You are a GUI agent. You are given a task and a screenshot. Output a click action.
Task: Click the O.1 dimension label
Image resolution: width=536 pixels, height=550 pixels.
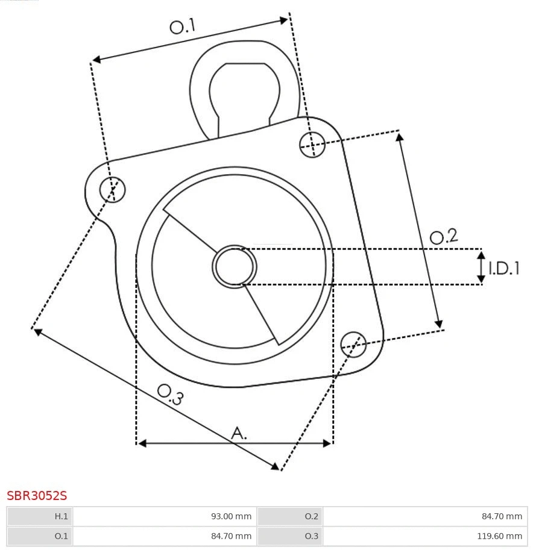coord(183,26)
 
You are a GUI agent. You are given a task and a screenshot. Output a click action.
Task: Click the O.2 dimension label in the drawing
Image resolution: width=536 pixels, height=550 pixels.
coord(444,236)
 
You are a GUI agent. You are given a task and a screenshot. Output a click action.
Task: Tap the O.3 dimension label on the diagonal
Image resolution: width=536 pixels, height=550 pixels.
coord(170,394)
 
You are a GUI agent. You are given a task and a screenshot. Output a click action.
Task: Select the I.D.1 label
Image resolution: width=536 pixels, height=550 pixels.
coord(504,268)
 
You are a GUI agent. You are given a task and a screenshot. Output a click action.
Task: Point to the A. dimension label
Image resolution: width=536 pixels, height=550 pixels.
coord(239,433)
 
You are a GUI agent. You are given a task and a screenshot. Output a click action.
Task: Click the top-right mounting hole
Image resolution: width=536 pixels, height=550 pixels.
coord(312,144)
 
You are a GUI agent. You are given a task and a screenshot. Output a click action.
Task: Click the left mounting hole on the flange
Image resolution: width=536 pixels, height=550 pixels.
coord(112,190)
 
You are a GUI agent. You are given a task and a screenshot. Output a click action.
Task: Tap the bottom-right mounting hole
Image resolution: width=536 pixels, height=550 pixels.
coord(353,343)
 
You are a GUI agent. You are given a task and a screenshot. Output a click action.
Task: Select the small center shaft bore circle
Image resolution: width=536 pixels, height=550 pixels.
coord(235,266)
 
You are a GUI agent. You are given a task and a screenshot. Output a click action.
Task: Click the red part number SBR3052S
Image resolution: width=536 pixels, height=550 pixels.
coord(37,496)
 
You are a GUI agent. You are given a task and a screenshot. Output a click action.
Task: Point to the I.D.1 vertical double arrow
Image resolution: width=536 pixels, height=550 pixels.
coord(481,267)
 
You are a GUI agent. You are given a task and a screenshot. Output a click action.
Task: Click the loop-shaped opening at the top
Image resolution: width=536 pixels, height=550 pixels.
coord(244,90)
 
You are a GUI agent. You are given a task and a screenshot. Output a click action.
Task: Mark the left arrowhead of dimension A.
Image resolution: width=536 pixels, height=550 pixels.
coord(142,443)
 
